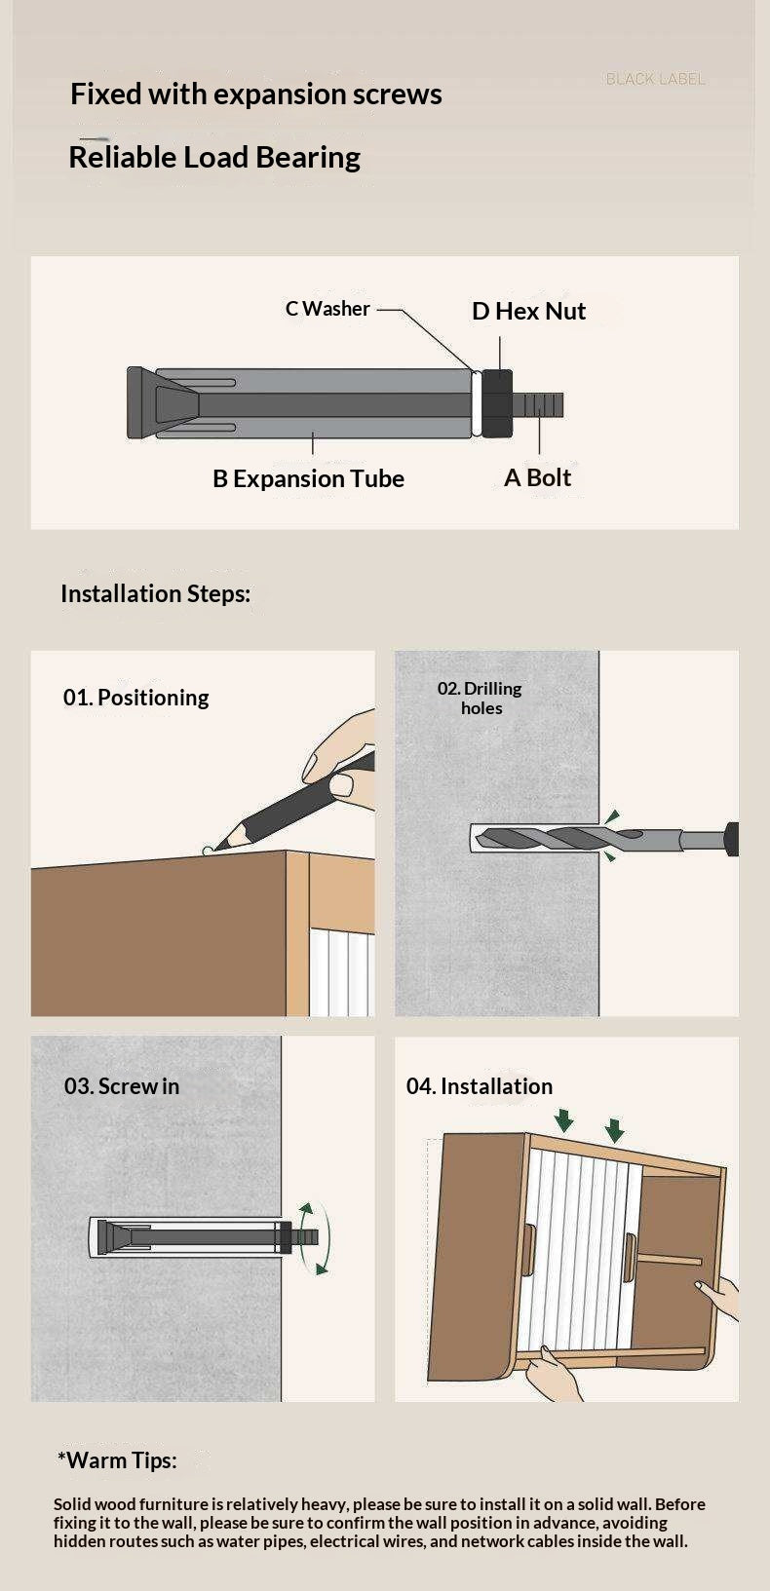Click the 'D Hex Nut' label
click(528, 311)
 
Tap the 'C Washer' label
click(327, 309)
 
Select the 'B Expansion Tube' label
click(308, 478)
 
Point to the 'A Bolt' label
click(537, 477)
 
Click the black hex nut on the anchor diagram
click(497, 402)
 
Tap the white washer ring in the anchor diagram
click(477, 402)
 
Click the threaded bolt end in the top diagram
click(538, 404)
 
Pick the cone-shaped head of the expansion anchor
click(160, 402)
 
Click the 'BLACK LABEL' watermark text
click(655, 79)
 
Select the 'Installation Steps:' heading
click(156, 593)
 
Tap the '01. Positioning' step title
click(135, 698)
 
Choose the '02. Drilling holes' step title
click(481, 699)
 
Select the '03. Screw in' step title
click(122, 1086)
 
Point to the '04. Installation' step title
click(480, 1086)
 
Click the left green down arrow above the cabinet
click(564, 1120)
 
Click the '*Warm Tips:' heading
click(117, 1460)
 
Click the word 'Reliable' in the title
click(122, 157)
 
